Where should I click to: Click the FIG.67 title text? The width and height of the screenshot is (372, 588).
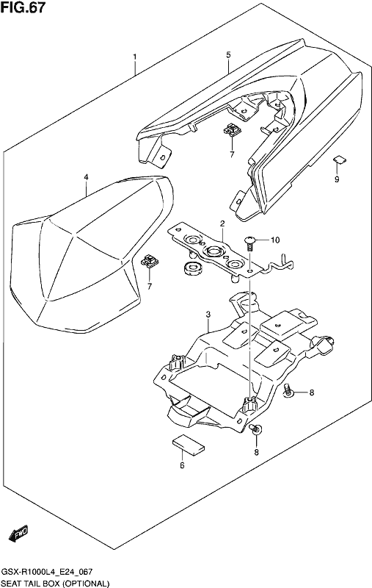click(23, 7)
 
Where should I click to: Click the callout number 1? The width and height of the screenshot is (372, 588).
click(135, 57)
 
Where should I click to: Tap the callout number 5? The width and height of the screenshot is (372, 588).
click(228, 55)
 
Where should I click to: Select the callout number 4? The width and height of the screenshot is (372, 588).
click(86, 177)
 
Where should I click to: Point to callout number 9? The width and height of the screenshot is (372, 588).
click(337, 179)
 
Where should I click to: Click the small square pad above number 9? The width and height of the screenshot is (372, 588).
click(340, 160)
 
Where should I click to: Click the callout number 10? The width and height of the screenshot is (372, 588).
click(275, 240)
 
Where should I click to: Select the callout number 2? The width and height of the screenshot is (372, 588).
click(222, 224)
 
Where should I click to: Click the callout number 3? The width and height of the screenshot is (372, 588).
click(208, 315)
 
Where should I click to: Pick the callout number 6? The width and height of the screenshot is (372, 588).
click(182, 465)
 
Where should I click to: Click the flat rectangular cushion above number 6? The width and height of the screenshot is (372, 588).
click(189, 445)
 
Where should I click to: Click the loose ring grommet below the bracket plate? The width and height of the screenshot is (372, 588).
click(193, 268)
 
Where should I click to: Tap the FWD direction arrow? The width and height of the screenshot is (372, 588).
click(18, 534)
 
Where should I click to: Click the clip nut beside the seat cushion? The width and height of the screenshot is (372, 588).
click(150, 261)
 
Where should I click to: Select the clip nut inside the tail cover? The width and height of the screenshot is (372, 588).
click(232, 129)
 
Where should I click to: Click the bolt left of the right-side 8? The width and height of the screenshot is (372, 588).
click(289, 391)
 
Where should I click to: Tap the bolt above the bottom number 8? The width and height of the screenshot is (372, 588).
click(256, 429)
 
